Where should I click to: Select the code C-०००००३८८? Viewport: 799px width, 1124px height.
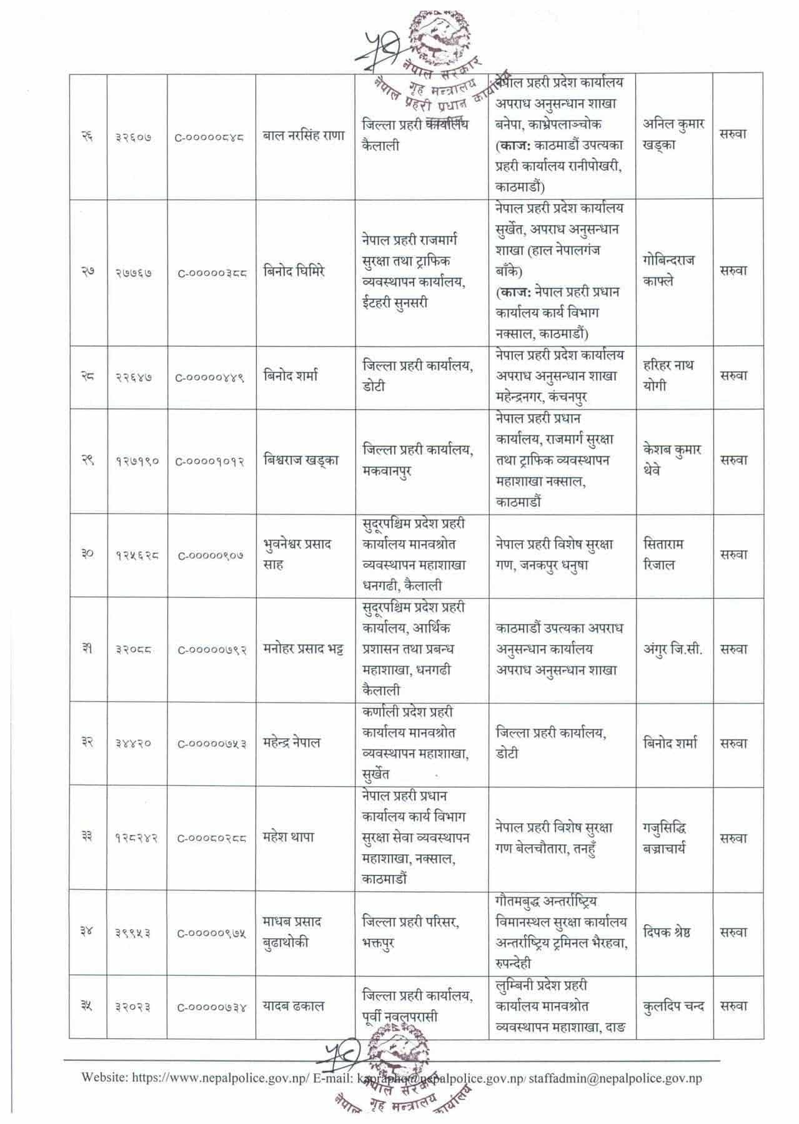[211, 273]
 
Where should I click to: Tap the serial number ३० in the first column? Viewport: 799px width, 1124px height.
[87, 554]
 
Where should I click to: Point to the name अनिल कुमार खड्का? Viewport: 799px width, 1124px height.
[673, 134]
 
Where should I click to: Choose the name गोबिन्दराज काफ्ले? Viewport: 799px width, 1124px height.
[668, 271]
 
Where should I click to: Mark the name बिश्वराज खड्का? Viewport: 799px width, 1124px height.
[301, 461]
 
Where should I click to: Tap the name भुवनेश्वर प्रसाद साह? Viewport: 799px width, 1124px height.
[297, 555]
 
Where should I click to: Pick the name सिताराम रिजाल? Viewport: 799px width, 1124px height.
[663, 555]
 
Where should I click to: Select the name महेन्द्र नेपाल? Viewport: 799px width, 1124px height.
[292, 743]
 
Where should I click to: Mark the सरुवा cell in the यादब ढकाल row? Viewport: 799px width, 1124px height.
[733, 1007]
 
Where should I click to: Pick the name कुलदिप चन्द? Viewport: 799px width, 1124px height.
[673, 1007]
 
